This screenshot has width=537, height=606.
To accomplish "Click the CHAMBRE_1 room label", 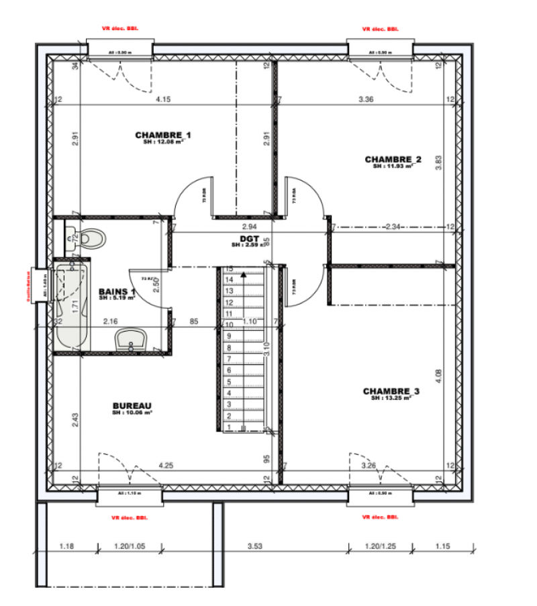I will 163,135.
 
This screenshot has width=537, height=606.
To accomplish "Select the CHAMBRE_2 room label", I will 393,159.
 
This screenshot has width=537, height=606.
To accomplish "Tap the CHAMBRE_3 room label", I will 391,391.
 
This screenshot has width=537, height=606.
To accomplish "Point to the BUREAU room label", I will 132,406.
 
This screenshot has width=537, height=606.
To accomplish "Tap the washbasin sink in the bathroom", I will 132,340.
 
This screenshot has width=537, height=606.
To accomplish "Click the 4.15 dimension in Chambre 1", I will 163,99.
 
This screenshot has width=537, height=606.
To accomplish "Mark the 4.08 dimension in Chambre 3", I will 439,372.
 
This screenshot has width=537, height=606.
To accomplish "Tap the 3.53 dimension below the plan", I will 254,546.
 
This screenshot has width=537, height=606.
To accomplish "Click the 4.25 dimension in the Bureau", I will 165,464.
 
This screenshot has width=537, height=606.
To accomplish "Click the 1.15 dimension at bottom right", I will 442,546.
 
